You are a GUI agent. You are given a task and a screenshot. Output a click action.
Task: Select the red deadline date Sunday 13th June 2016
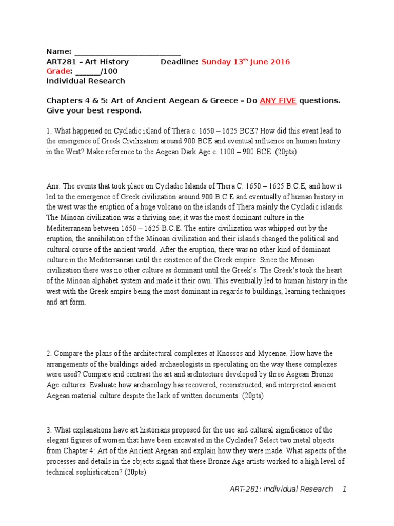[x=245, y=62]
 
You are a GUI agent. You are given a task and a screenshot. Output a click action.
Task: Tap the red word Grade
[x=57, y=71]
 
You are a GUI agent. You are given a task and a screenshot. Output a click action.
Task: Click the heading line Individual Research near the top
[x=85, y=81]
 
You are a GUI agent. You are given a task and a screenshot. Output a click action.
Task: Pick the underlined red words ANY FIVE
[x=278, y=101]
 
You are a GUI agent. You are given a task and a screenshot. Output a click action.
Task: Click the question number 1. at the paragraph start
[x=49, y=131]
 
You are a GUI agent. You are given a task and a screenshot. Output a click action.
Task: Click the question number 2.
[x=49, y=353]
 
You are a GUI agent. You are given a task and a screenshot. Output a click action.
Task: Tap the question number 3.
[x=49, y=429]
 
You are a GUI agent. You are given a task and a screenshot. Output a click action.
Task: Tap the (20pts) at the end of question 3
[x=130, y=472]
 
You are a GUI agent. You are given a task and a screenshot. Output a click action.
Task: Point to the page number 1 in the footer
[x=345, y=489]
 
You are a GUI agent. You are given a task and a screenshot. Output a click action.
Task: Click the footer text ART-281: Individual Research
[x=281, y=489]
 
